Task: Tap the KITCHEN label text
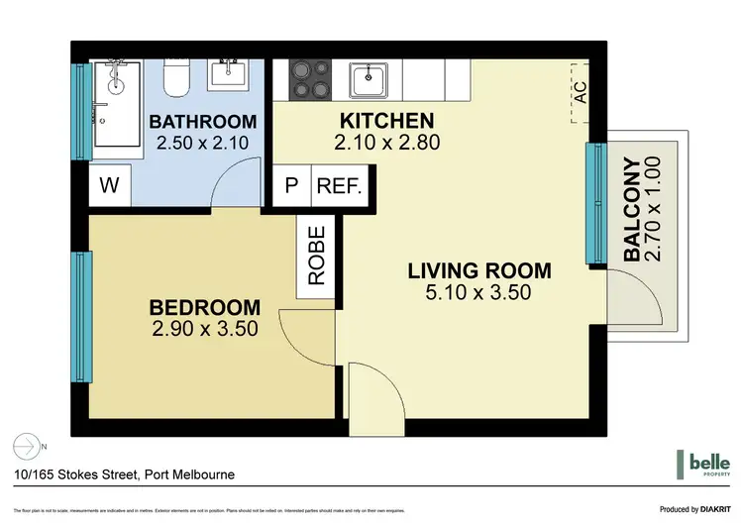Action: tap(373, 121)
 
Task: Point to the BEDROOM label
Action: tap(206, 307)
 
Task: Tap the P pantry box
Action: tap(291, 185)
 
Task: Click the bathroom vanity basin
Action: tap(232, 72)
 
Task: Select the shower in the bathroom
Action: tap(116, 100)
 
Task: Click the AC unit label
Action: tap(581, 92)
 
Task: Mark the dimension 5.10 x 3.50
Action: tap(479, 293)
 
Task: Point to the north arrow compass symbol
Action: tap(28, 445)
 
